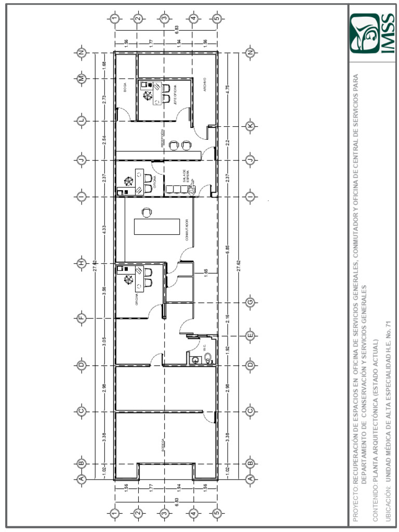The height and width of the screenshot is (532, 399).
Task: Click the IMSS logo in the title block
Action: click(372, 34)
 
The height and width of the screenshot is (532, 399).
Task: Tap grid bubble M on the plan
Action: click(82, 78)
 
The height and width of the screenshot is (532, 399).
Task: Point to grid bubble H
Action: click(82, 263)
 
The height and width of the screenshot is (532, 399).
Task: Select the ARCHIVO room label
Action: click(205, 86)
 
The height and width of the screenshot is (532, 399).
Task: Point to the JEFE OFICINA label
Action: click(175, 94)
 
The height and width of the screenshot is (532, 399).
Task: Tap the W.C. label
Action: click(205, 347)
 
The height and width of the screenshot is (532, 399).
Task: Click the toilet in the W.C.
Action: click(208, 357)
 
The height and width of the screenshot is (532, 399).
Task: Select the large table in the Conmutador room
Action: click(157, 227)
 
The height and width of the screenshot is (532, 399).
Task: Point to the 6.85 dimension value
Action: click(227, 249)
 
